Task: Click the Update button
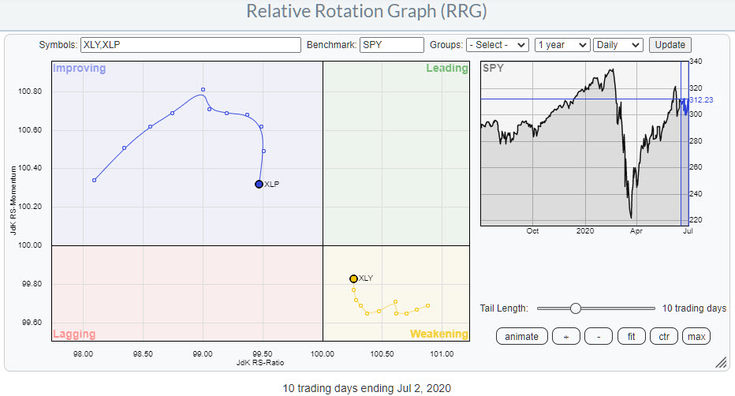point(670,45)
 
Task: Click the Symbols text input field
point(191,45)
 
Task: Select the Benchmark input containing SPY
point(392,45)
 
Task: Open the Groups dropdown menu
point(497,45)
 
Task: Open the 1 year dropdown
point(562,45)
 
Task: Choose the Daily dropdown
point(618,45)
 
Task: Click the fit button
point(631,336)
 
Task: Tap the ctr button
point(664,336)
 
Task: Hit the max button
point(696,336)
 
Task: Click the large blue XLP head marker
point(259,184)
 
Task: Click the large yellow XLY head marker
point(353,278)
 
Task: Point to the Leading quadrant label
point(446,69)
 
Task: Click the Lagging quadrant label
point(74,334)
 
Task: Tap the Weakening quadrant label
point(438,334)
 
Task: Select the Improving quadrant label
point(79,69)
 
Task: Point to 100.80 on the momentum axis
point(29,92)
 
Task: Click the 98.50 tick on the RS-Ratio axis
point(144,354)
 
